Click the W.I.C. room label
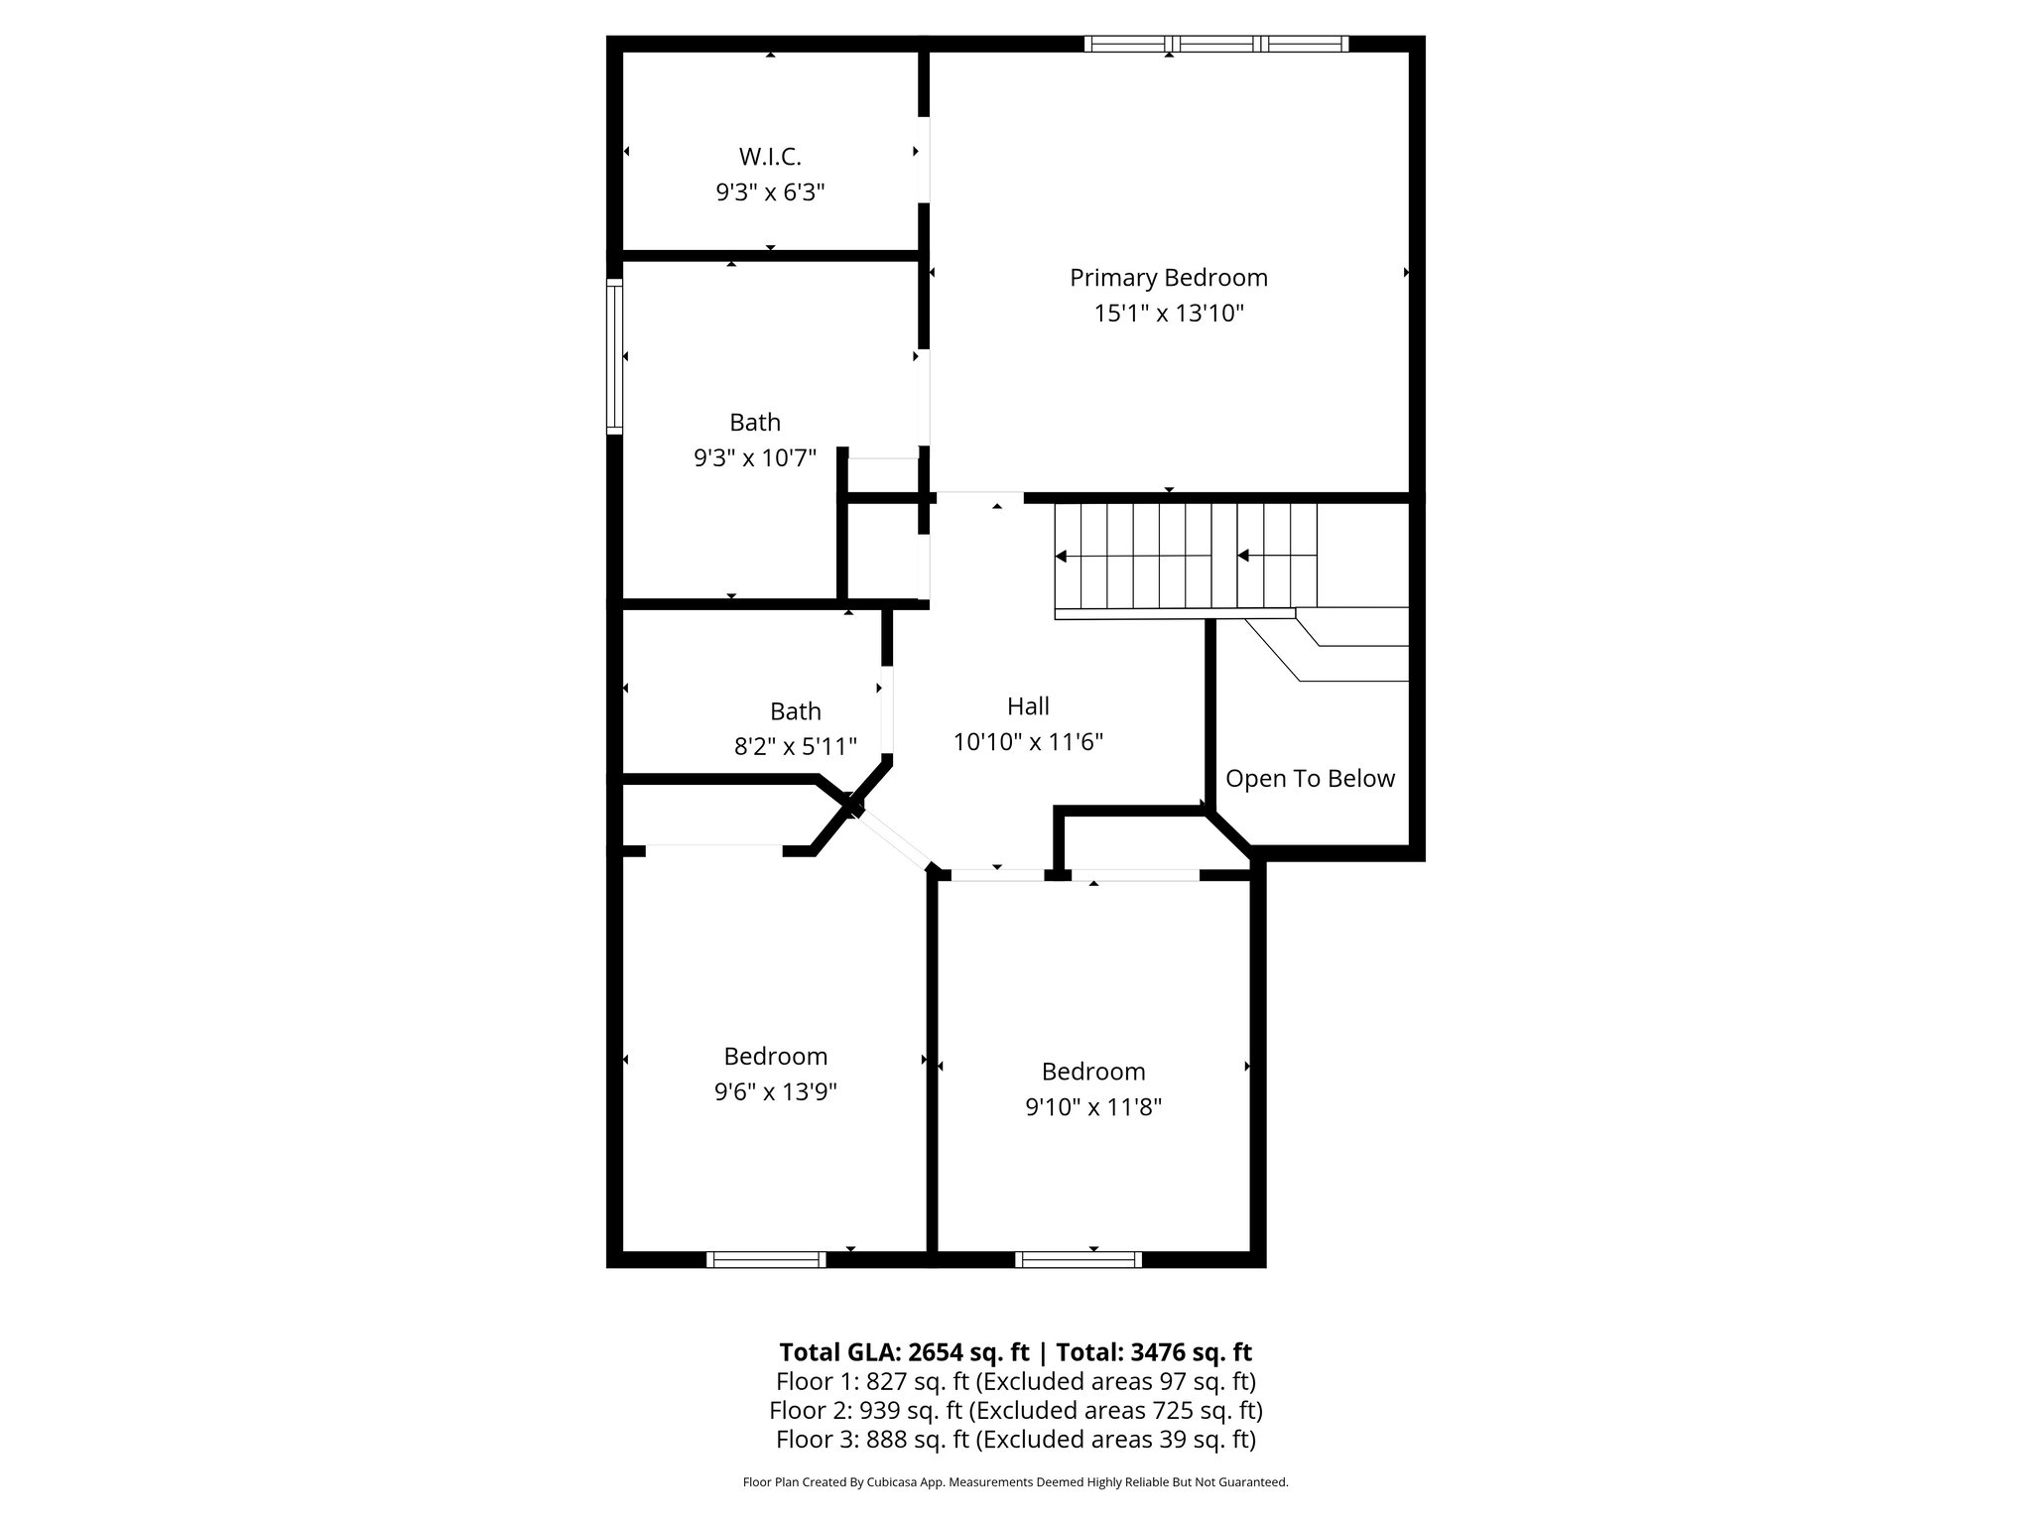[x=770, y=157]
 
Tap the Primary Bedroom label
[x=1168, y=278]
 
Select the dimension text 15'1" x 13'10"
[x=1168, y=314]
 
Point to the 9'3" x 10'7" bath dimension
[x=754, y=457]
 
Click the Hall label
[x=1028, y=706]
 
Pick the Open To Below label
[x=1310, y=779]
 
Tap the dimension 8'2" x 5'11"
[x=795, y=746]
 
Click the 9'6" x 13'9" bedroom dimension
[x=775, y=1091]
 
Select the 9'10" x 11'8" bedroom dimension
[x=1092, y=1106]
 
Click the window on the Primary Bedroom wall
[x=1215, y=44]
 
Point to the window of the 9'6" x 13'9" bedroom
[x=766, y=1259]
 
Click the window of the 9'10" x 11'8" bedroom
[x=1078, y=1259]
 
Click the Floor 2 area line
[x=1015, y=1410]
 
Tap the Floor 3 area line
[x=1015, y=1439]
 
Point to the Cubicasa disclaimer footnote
[x=1015, y=1482]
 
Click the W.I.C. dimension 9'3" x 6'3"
[x=770, y=192]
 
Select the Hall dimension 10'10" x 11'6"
[x=1028, y=742]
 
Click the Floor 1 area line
[x=1015, y=1381]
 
